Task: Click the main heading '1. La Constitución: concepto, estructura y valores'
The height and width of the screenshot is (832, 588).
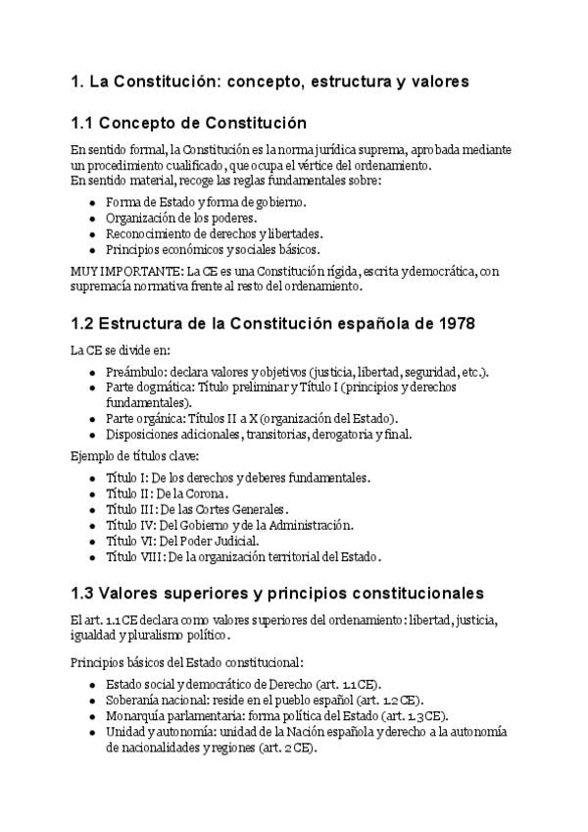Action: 269,81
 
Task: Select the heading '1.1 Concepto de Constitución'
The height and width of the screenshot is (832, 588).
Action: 189,124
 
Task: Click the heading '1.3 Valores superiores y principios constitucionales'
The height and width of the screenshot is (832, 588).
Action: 277,594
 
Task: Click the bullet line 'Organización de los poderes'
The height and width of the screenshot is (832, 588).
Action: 181,218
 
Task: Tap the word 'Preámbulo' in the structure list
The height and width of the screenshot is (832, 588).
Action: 134,372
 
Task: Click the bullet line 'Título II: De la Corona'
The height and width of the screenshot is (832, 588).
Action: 167,494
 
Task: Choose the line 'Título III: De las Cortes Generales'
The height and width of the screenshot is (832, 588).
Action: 197,509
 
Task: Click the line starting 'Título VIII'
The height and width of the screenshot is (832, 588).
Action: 243,556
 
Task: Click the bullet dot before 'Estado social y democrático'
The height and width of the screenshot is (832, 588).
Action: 91,685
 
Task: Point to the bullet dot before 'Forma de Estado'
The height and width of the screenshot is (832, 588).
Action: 91,203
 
